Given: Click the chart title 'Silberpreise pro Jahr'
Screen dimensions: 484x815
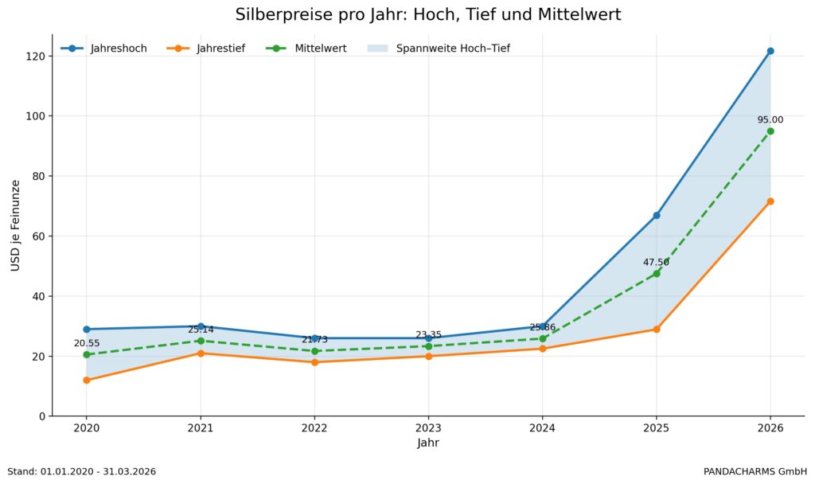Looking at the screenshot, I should coord(428,15).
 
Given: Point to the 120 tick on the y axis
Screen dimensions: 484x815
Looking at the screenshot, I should coord(35,57).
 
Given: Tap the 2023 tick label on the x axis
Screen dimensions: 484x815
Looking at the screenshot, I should coord(428,427).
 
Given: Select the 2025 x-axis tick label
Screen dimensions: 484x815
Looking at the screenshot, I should coord(657,427).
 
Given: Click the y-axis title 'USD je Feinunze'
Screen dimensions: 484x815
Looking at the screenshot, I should coord(16,225).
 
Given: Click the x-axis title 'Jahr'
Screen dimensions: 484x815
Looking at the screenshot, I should coord(428,443).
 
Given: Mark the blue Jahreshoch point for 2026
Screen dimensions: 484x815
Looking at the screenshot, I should coord(770,51).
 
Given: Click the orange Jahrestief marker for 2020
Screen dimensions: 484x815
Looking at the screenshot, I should coord(87,381).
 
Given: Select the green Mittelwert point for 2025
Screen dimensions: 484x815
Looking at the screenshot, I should coord(657,274).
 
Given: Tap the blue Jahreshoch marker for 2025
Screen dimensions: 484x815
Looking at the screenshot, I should coord(657,215).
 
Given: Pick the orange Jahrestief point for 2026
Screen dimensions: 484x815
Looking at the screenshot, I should coord(770,201).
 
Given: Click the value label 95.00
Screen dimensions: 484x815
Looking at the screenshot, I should coord(770,120).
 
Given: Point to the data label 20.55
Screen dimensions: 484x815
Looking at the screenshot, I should coord(87,343).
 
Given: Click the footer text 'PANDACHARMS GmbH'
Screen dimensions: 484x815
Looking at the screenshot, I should coord(755,471).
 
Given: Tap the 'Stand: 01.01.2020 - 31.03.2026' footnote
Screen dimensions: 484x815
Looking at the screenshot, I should coord(81,471).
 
